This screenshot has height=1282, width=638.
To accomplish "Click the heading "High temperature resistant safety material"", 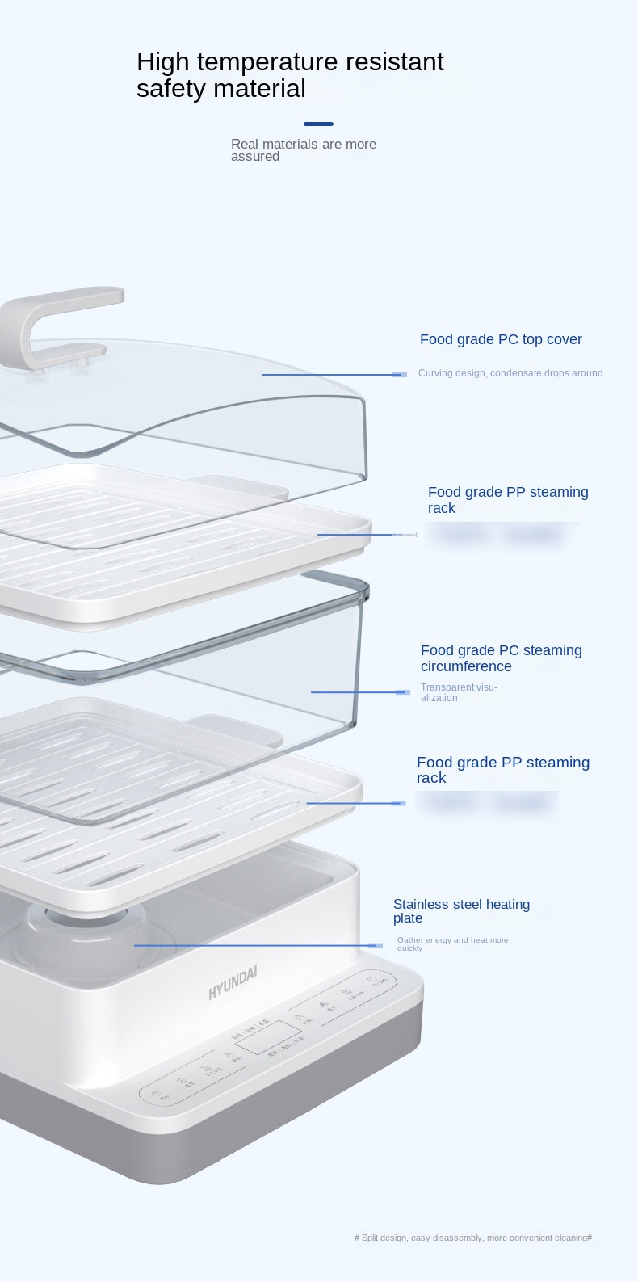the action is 290,75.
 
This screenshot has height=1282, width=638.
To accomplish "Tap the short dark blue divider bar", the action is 318,124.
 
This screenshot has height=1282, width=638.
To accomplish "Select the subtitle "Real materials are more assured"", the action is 303,150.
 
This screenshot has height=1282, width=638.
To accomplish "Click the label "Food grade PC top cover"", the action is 501,339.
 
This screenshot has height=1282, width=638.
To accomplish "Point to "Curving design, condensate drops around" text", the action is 510,373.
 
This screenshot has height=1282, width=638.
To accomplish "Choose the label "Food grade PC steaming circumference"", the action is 501,658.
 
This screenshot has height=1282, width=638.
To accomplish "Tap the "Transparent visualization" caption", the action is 458,692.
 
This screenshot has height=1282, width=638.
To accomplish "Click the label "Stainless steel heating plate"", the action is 461,910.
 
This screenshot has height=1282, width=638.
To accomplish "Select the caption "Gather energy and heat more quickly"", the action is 452,944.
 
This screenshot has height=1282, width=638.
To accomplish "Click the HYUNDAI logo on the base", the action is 233,982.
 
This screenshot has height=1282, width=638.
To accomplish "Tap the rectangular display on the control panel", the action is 267,1038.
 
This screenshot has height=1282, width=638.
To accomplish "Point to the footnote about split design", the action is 473,1238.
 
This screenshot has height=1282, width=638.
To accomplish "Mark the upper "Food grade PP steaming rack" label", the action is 508,499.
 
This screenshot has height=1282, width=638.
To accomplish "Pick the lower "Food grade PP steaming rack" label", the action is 502,770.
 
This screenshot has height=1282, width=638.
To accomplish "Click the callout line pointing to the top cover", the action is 331,375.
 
